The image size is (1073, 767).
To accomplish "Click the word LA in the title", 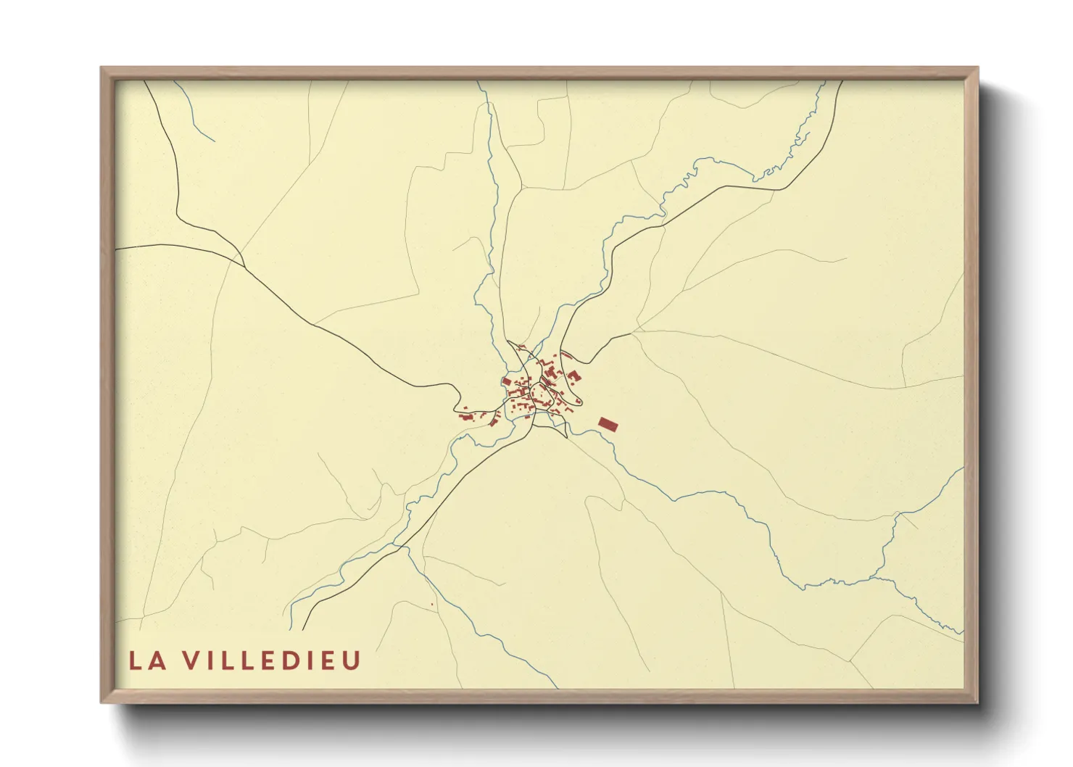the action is click(x=144, y=660).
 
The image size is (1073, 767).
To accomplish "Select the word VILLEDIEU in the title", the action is click(x=270, y=660).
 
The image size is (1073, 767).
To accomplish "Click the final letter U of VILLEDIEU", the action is click(x=352, y=660).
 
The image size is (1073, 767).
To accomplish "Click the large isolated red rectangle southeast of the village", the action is click(x=609, y=424).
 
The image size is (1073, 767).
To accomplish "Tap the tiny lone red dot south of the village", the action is click(x=431, y=604).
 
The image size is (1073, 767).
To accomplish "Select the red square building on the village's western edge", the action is click(x=506, y=381).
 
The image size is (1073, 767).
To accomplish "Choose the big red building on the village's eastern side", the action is click(x=573, y=376).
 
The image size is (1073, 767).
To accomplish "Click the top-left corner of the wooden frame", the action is click(x=102, y=69).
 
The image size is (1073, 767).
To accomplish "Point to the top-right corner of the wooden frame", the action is click(x=977, y=69).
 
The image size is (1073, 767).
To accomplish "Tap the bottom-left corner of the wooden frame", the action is click(x=102, y=701).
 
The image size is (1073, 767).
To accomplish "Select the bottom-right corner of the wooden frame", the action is click(x=977, y=701).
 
